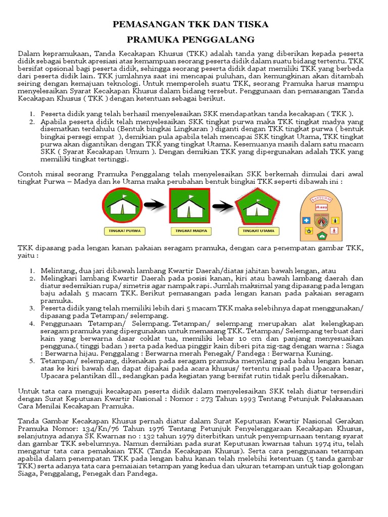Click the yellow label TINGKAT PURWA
[124, 231]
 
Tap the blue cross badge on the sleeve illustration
[306, 221]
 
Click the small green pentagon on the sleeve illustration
[321, 235]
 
